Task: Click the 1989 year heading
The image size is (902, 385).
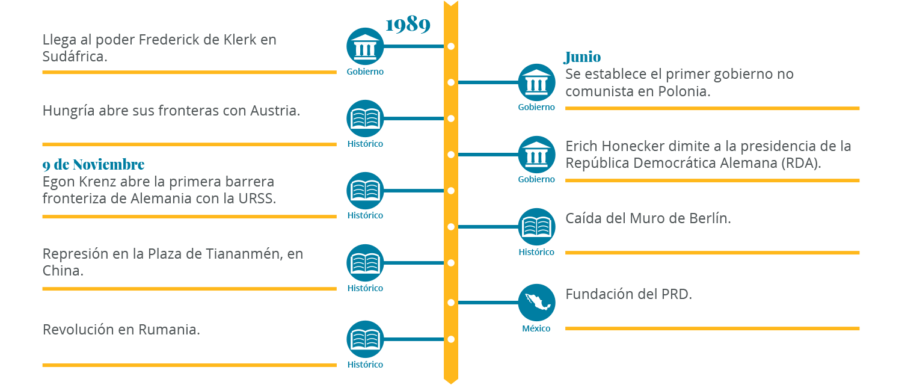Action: tap(408, 25)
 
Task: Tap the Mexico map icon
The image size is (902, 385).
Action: tap(536, 302)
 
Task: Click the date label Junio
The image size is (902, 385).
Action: tap(582, 57)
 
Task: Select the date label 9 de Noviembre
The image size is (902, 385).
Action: tap(93, 165)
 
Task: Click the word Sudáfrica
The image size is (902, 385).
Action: tap(75, 56)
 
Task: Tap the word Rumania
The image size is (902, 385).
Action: tap(169, 330)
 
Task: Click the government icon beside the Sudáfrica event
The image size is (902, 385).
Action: tap(365, 46)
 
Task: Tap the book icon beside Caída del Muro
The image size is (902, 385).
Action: tap(536, 227)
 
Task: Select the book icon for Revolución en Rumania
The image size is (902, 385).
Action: tap(365, 339)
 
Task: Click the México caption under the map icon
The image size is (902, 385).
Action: tap(536, 328)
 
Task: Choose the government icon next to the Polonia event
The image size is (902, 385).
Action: tap(536, 82)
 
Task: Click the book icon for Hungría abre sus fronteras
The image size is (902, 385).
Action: tap(365, 119)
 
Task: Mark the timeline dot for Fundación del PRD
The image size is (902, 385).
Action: tap(451, 302)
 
